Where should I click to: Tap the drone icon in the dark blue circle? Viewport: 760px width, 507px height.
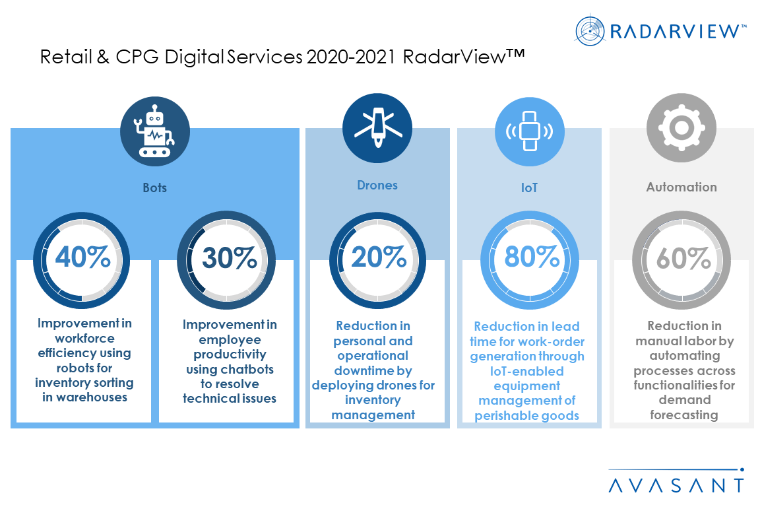pyautogui.click(x=377, y=128)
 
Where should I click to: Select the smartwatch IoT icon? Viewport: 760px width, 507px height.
pyautogui.click(x=529, y=130)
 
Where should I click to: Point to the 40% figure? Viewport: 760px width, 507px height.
pyautogui.click(x=82, y=258)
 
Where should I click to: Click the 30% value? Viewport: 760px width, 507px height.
pyautogui.click(x=229, y=258)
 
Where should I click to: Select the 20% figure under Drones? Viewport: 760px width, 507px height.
pyautogui.click(x=379, y=258)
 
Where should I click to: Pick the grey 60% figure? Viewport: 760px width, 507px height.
pyautogui.click(x=682, y=258)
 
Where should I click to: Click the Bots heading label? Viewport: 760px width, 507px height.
pyautogui.click(x=155, y=187)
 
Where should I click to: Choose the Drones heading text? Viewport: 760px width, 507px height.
pyautogui.click(x=377, y=186)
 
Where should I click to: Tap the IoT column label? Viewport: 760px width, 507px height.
pyautogui.click(x=529, y=187)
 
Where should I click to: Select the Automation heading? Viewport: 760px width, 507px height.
pyautogui.click(x=681, y=187)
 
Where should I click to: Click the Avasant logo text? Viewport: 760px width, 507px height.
pyautogui.click(x=676, y=485)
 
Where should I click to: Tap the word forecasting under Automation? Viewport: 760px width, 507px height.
pyautogui.click(x=683, y=415)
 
